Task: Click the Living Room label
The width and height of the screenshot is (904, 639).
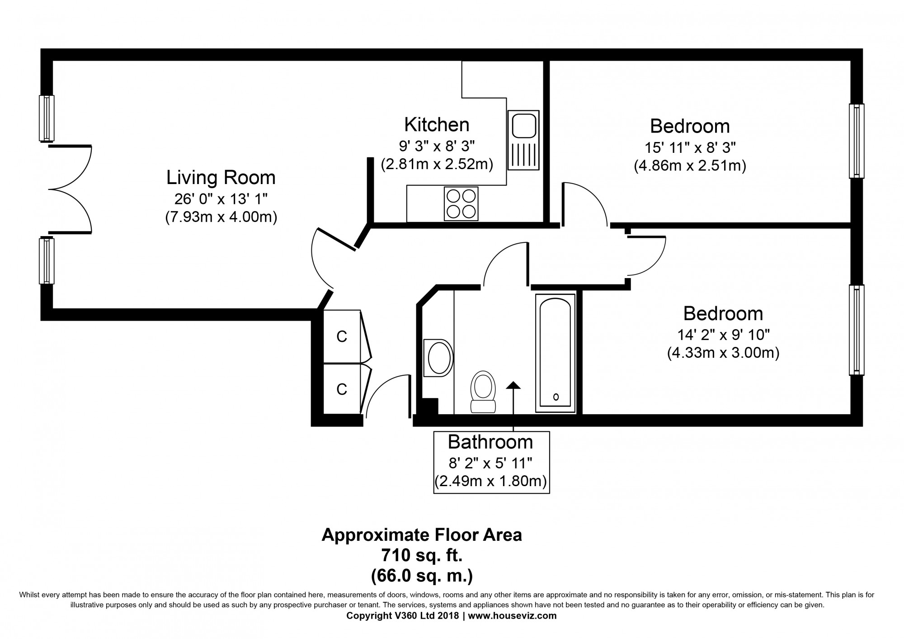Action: tap(221, 177)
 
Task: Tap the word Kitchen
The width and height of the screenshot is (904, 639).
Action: tap(437, 124)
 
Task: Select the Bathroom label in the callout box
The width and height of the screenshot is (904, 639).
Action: tap(490, 441)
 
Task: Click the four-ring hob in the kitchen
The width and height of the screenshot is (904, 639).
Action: tap(461, 204)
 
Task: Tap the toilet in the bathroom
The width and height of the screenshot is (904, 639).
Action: tap(483, 392)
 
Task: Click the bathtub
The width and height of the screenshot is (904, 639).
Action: tap(556, 353)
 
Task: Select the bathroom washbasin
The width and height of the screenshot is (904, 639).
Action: tap(438, 358)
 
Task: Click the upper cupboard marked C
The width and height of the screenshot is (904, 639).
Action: tap(342, 336)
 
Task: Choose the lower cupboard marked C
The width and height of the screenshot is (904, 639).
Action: tap(342, 389)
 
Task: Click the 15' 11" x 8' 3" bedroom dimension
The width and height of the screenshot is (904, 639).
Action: tap(690, 147)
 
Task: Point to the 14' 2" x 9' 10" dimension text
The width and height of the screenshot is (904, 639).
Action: tap(723, 335)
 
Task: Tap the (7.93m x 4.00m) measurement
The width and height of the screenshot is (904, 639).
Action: tap(221, 217)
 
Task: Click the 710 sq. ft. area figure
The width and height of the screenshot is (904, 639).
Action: tap(422, 555)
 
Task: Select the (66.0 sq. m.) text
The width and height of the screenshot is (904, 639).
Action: tap(422, 576)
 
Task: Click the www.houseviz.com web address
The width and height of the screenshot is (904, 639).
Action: tap(512, 615)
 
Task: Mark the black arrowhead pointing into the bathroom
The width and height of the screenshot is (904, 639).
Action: tap(513, 385)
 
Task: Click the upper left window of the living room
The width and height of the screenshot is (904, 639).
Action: tap(47, 118)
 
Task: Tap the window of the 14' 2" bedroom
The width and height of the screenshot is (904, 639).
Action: tap(857, 330)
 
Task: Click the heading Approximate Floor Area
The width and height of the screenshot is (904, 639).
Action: tap(422, 535)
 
